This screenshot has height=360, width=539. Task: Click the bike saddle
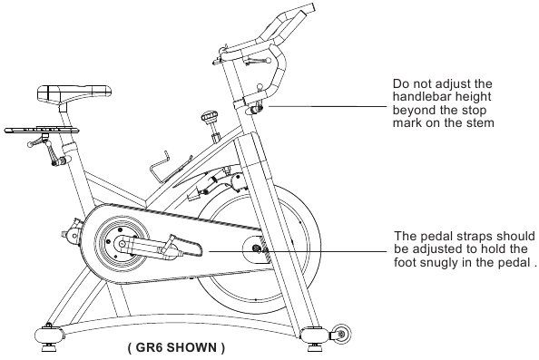73,92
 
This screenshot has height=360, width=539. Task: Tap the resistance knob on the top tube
210,116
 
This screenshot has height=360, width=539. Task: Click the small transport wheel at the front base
341,333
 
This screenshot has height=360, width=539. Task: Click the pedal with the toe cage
182,246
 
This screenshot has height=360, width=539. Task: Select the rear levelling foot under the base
50,346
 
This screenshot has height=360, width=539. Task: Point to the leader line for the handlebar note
328,106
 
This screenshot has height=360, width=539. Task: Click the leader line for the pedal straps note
298,251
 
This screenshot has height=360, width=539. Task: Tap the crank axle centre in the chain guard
122,244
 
